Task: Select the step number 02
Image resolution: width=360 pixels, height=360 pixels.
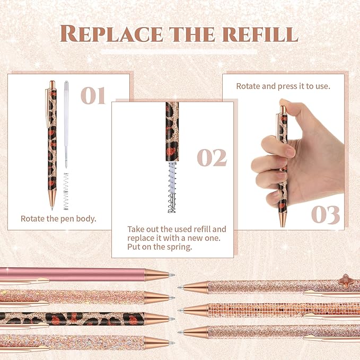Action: [212, 157]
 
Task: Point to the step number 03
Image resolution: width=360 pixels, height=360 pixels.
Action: [325, 214]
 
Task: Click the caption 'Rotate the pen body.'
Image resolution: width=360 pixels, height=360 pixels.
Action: [58, 218]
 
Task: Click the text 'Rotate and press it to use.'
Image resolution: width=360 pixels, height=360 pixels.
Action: [283, 86]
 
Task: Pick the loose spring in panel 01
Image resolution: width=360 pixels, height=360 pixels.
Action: [66, 196]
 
